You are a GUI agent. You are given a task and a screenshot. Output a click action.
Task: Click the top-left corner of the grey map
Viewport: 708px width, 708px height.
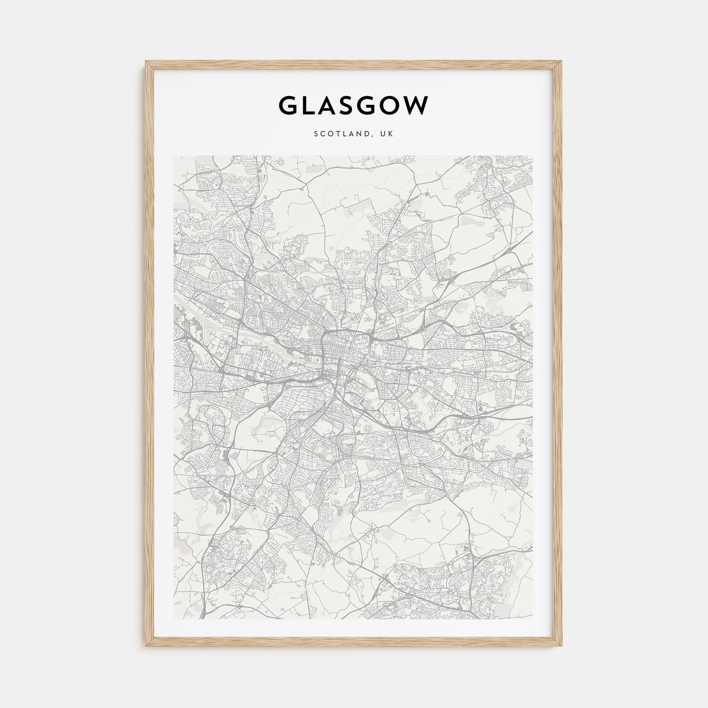[174, 156]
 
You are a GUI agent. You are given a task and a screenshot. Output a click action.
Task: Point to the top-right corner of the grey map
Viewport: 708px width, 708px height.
[533, 156]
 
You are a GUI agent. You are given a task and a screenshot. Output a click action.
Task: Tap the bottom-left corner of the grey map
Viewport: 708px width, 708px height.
[174, 619]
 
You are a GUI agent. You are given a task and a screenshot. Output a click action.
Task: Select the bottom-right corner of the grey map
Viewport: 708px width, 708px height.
[533, 619]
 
